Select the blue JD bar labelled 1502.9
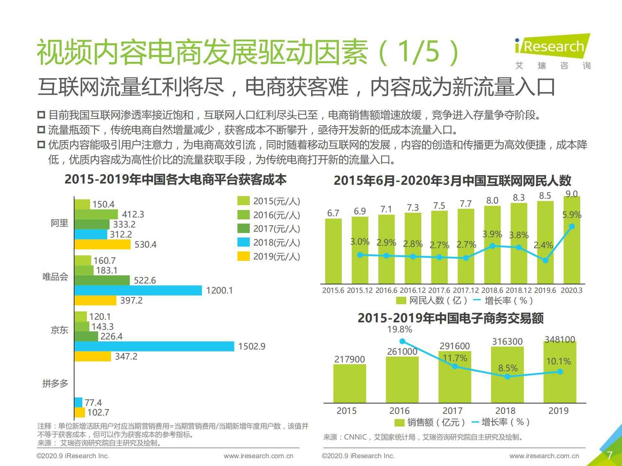point(154,346)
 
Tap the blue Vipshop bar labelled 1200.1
point(138,290)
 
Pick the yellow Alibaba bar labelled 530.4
point(102,244)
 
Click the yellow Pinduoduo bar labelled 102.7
point(79,413)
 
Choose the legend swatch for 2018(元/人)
point(243,242)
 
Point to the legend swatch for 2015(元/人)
point(243,201)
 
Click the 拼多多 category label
point(55,384)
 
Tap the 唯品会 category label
point(55,277)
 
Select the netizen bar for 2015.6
point(333,251)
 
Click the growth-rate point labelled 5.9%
point(572,227)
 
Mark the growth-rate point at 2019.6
point(545,261)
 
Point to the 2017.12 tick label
point(466,290)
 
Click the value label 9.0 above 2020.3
point(571,194)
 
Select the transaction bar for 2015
point(350,383)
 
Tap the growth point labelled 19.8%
point(402,341)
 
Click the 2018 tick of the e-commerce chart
point(505,411)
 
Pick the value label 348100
point(560,339)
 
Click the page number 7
point(609,455)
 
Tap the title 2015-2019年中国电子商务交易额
point(451,318)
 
